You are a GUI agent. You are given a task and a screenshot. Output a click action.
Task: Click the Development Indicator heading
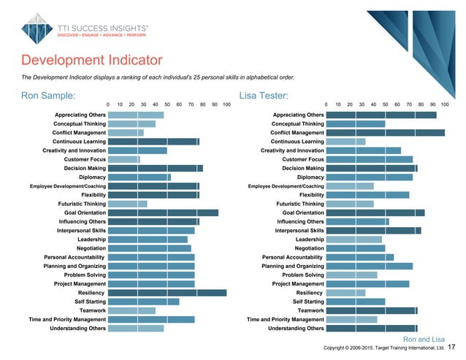coord(91,60)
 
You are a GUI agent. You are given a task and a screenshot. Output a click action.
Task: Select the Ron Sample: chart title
coord(48,95)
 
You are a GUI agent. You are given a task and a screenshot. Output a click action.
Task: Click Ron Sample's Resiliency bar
coord(167,293)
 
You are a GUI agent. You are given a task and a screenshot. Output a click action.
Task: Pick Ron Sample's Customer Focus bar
coord(123,159)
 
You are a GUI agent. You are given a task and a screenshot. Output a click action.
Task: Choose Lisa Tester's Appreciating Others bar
coord(381,115)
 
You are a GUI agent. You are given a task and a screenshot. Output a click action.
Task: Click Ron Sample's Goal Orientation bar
coord(163,212)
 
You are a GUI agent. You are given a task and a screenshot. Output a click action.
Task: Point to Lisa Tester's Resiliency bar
coord(345,293)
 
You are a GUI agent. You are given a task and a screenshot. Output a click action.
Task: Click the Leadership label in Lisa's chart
coord(310,240)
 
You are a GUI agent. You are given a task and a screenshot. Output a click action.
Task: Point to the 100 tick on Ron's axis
coord(226,105)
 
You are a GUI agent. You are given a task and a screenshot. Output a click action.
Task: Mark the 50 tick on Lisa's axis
coord(385,105)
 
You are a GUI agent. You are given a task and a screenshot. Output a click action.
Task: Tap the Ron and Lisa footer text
coord(424,339)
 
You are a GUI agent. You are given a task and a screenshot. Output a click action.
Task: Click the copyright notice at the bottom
coord(383,349)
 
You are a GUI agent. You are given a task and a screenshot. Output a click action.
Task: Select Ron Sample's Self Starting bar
coord(143,302)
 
